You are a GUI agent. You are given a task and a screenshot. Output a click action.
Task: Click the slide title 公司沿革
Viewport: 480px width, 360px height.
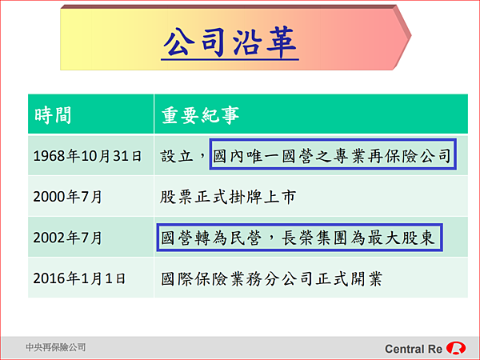tap(230, 42)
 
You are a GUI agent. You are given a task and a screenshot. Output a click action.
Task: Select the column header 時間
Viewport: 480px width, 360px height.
tap(53, 115)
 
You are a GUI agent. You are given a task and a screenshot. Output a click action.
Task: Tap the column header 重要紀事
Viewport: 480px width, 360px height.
tap(200, 115)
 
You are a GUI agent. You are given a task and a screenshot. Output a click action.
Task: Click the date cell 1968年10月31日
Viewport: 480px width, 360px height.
tap(87, 156)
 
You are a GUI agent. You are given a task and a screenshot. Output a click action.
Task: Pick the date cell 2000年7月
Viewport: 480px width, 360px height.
tap(67, 197)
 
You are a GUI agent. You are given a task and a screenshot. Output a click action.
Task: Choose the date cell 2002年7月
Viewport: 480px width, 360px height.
tap(67, 238)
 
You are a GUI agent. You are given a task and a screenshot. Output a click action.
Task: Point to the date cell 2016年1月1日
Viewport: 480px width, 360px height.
tap(79, 278)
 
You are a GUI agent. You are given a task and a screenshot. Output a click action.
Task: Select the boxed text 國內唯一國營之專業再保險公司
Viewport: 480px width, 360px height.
tap(332, 156)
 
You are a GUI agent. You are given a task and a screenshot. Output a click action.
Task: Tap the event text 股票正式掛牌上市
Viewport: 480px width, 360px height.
tap(228, 197)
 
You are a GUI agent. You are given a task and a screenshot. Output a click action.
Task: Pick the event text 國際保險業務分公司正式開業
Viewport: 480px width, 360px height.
tap(272, 278)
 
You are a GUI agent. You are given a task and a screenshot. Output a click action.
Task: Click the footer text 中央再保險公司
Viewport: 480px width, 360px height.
tap(56, 347)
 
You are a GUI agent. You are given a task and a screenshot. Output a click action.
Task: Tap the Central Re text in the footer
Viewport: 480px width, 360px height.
tap(414, 349)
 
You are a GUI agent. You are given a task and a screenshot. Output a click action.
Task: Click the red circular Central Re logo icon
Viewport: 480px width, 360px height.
tap(456, 348)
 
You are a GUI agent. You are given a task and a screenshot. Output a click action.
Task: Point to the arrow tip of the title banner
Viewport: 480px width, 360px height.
tap(411, 36)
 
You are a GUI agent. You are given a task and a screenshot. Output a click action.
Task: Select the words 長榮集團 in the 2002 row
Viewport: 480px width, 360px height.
tap(315, 238)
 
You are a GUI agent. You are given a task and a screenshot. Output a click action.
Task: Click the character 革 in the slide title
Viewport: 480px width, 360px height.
tap(282, 42)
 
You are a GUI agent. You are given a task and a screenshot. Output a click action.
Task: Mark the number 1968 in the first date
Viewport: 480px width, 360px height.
tap(50, 156)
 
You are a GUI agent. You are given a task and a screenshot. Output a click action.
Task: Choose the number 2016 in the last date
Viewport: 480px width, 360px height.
tap(50, 278)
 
